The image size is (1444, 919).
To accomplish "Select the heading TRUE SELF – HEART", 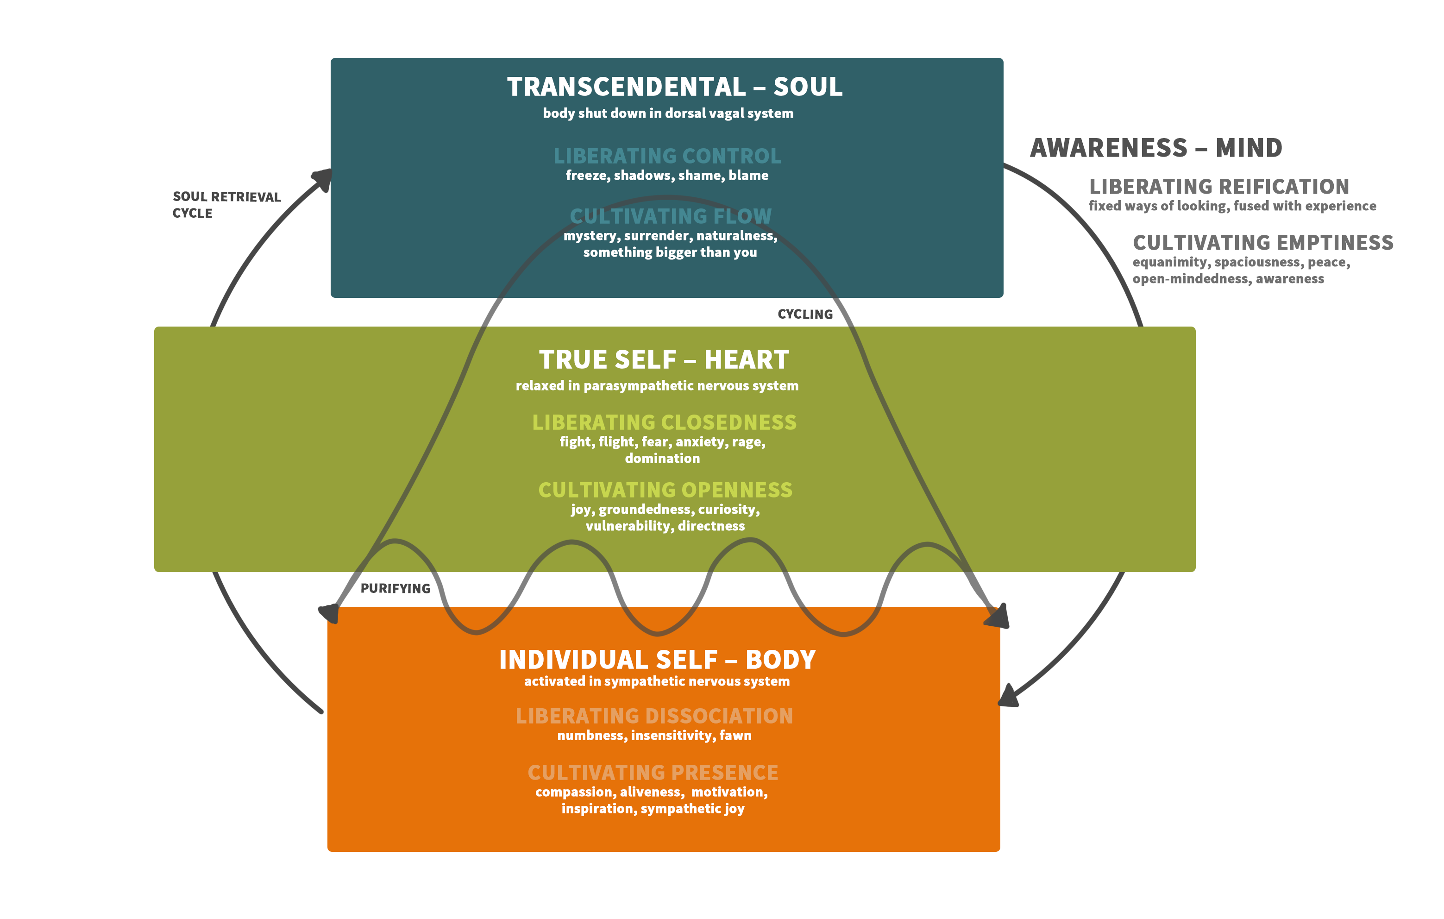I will click(x=663, y=360).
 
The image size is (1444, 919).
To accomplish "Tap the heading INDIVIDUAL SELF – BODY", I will click(x=657, y=660).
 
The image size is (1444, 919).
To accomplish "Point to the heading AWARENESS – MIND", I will click(x=1155, y=148).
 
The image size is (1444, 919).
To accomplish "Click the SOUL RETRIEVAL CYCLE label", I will click(x=226, y=205).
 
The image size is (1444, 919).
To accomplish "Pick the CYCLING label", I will click(x=805, y=315).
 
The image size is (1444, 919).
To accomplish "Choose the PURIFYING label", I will click(x=395, y=588).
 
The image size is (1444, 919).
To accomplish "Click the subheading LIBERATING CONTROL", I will click(x=667, y=156).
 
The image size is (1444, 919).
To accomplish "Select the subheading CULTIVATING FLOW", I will click(x=671, y=216).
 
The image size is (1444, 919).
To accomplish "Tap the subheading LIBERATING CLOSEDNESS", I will click(x=664, y=422).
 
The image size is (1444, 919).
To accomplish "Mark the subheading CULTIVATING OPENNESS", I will click(x=665, y=490).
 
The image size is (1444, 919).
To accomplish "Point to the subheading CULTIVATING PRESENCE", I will click(x=653, y=773).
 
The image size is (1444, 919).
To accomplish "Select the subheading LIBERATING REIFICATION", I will click(x=1218, y=187).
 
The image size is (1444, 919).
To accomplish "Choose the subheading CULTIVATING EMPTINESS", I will click(x=1262, y=243).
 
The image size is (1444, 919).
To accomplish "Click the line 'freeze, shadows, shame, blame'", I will click(x=667, y=176).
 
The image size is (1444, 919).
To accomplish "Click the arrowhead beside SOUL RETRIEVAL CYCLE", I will click(x=323, y=178).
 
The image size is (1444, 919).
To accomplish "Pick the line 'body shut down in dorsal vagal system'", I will click(x=667, y=113).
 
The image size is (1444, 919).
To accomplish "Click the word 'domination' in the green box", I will click(x=662, y=458).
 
